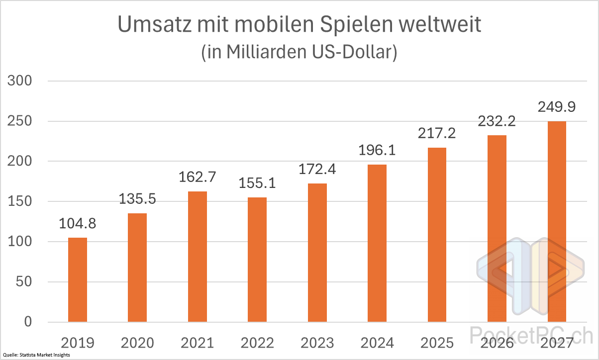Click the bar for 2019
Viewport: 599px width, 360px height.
(78, 280)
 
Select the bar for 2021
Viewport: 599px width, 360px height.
(198, 257)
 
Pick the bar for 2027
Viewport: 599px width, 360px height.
(557, 222)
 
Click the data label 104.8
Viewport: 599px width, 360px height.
(78, 223)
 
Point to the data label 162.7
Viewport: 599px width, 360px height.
(198, 177)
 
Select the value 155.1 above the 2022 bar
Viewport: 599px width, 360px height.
(257, 183)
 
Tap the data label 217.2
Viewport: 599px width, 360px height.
(437, 133)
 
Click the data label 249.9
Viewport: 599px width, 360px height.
(557, 107)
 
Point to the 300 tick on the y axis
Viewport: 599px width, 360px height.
(20, 81)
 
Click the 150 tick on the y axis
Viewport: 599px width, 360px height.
(20, 201)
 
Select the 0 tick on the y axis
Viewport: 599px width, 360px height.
(27, 322)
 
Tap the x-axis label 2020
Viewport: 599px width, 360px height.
(137, 343)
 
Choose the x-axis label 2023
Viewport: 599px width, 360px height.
(317, 343)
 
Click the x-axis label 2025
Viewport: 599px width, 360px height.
(437, 343)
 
